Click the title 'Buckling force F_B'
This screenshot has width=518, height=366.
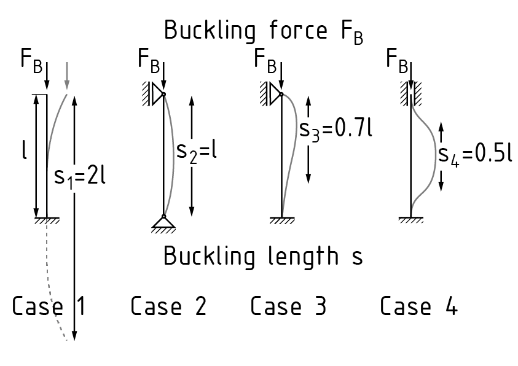click(x=263, y=31)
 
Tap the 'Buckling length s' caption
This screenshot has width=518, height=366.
click(x=263, y=256)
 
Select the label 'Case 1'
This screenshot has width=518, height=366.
click(x=49, y=305)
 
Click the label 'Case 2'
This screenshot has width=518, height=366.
click(x=168, y=305)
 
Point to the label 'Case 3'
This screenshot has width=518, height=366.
click(x=288, y=305)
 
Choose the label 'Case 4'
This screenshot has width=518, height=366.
click(x=418, y=305)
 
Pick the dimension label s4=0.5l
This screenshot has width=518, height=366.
click(x=475, y=154)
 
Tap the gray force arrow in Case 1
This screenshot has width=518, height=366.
click(x=66, y=74)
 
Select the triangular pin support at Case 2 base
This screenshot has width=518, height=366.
click(x=163, y=223)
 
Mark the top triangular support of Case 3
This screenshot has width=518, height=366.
click(x=274, y=93)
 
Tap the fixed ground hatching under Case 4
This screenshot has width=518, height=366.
click(x=410, y=220)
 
